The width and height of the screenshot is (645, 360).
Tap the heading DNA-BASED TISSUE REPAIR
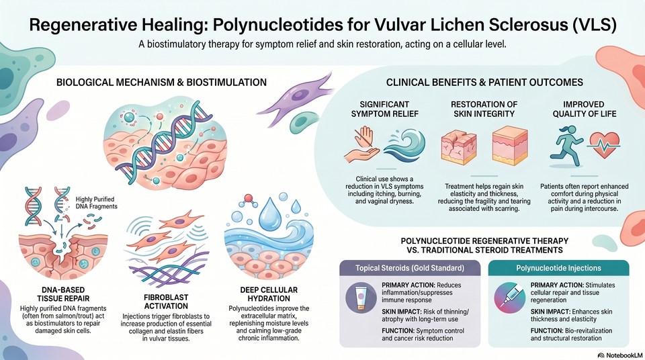point(63,294)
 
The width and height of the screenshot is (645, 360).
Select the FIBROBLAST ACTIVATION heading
point(166,302)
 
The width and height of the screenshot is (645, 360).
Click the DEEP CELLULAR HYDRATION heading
point(269,294)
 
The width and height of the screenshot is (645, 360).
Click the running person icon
point(566,146)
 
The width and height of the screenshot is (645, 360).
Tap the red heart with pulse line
point(604,145)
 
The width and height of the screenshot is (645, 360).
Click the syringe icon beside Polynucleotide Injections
point(509,299)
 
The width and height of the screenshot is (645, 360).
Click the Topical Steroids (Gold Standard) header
point(410,268)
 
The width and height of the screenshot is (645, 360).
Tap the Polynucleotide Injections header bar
point(558,268)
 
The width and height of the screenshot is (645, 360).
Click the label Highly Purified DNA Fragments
point(96,203)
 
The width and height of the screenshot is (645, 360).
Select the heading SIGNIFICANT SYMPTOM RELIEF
point(384,109)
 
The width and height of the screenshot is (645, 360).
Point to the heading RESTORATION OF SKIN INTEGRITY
point(484,109)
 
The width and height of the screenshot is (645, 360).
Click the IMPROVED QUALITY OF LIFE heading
point(584,109)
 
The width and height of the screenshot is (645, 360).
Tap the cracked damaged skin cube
point(458,146)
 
